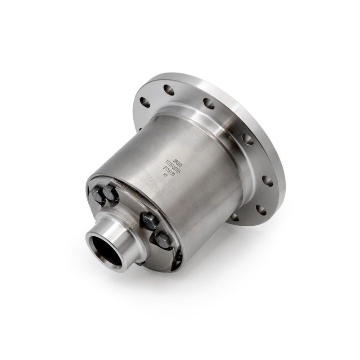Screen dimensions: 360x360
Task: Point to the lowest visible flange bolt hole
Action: point(234,217)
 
